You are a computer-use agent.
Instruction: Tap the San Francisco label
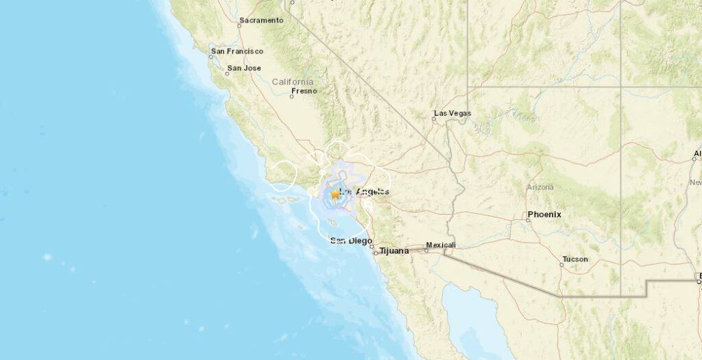tap(238, 51)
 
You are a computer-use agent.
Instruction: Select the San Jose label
tap(245, 68)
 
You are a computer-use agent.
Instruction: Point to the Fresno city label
tap(304, 91)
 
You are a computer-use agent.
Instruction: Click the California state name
tap(293, 82)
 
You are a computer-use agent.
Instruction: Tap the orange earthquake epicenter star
tap(335, 194)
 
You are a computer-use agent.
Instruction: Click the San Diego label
tap(351, 241)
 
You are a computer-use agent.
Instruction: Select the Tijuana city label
tap(394, 251)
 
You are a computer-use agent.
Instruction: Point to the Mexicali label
tap(441, 245)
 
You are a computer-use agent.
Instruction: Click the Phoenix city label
tap(545, 215)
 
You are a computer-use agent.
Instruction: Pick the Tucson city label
tap(574, 259)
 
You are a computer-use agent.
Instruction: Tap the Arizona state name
tap(541, 187)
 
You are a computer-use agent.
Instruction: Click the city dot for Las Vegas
tap(433, 119)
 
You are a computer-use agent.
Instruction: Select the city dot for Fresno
tap(291, 96)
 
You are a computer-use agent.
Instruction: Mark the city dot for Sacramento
tap(239, 26)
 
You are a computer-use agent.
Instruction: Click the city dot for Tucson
tap(561, 265)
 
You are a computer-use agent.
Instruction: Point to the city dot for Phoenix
tap(527, 220)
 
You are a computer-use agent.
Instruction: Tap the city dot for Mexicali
tap(426, 250)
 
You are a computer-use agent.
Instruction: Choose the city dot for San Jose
tap(228, 73)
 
